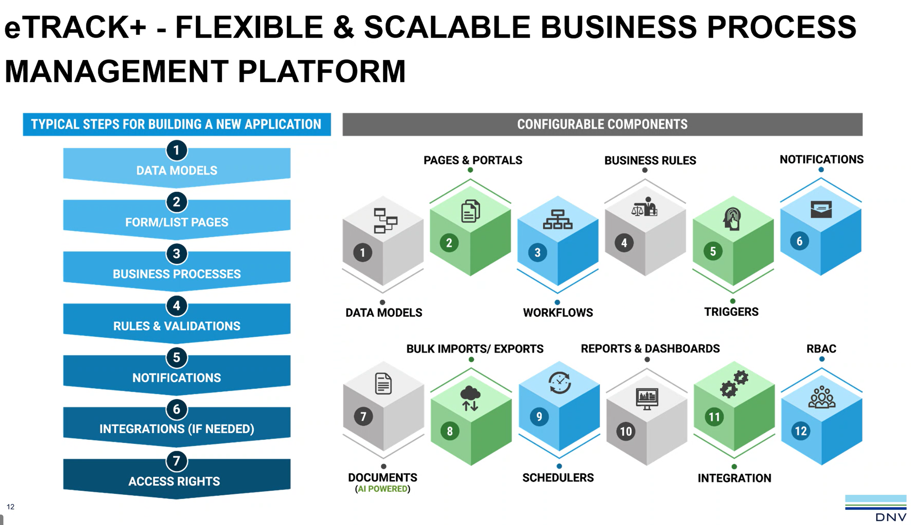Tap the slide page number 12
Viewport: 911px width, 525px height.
point(10,507)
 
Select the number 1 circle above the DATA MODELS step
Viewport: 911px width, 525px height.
point(176,150)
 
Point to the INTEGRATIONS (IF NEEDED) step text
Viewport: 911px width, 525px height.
point(177,429)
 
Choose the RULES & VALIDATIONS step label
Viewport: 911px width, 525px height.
point(177,326)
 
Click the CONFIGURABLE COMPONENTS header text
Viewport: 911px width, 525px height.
point(602,124)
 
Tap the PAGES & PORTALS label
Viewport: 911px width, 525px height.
point(473,160)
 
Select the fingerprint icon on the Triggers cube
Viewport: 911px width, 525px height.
point(732,219)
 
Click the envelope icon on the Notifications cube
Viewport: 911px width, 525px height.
point(821,209)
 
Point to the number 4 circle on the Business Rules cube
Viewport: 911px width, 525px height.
point(624,243)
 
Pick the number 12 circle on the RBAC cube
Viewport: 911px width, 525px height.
point(801,431)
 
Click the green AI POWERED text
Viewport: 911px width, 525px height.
point(383,489)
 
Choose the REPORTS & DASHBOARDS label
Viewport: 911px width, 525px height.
point(650,349)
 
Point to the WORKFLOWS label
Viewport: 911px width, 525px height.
point(558,313)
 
